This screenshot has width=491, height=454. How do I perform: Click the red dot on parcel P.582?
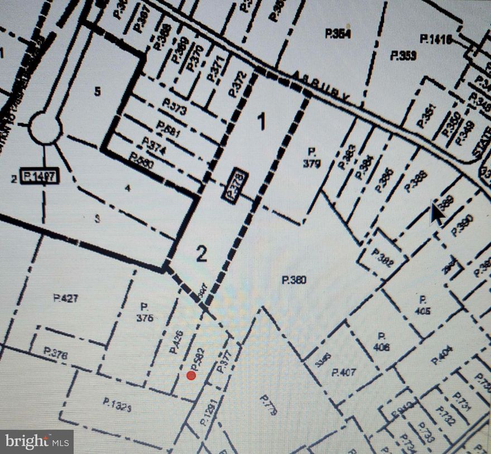click(191, 375)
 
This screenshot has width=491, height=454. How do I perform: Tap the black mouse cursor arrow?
click(437, 214)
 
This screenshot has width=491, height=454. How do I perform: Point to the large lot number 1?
click(261, 121)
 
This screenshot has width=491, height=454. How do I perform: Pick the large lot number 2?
click(201, 254)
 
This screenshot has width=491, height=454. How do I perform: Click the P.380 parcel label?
click(294, 280)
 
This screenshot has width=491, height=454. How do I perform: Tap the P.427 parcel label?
click(66, 298)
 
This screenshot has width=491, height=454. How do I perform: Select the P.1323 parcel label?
click(117, 404)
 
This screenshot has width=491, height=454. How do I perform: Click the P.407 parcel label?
click(344, 372)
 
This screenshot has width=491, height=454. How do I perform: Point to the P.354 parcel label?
click(338, 34)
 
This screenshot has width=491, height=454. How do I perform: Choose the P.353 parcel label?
click(403, 55)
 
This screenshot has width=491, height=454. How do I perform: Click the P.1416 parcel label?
click(436, 38)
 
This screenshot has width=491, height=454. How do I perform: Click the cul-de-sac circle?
click(45, 128)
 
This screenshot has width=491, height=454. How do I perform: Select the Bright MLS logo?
click(37, 442)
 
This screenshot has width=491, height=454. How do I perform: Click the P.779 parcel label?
click(268, 405)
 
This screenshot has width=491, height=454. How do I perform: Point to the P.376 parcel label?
click(55, 354)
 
